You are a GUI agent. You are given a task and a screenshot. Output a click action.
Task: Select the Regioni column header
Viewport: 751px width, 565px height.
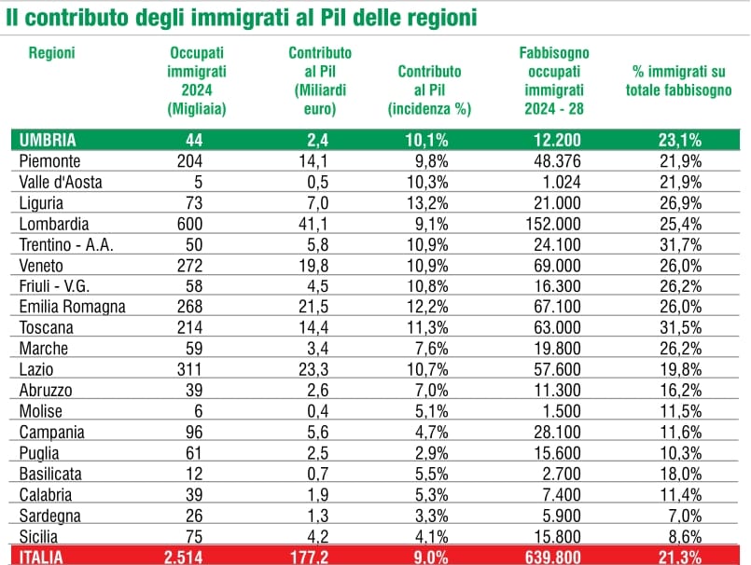(x=51, y=53)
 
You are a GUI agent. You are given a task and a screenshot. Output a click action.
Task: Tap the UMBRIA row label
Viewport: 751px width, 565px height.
(x=48, y=140)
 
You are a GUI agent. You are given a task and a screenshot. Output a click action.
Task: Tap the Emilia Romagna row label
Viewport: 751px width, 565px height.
(x=72, y=307)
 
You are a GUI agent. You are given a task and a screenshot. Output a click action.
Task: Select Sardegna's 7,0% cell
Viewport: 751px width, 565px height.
(x=683, y=516)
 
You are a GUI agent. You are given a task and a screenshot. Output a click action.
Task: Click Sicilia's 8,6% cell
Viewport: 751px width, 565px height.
(x=683, y=536)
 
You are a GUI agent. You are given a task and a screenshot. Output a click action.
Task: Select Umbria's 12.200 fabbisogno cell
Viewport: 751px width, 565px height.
(x=554, y=140)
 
